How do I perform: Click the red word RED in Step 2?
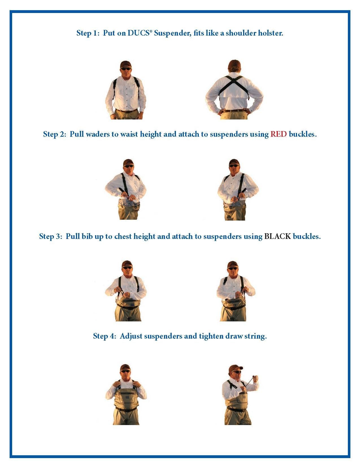coord(278,134)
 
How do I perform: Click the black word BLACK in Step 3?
coord(278,236)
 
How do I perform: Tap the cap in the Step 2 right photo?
coord(234,162)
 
